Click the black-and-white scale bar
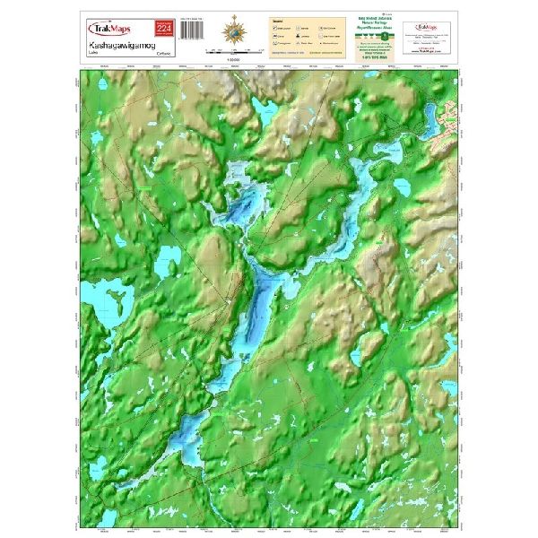click(x=236, y=53)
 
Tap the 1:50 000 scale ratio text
click(x=236, y=60)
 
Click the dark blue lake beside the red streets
click(x=430, y=117)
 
